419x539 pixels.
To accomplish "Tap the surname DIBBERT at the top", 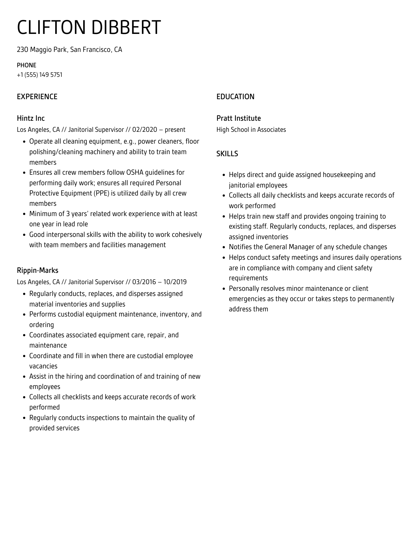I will click(126, 27).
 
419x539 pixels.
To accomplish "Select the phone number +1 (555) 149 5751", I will click(40, 75).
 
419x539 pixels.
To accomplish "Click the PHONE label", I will click(26, 65).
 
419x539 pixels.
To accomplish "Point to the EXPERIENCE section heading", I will click(37, 97).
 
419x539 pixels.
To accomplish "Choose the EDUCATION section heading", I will click(235, 97).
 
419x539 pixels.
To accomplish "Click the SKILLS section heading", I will click(227, 154).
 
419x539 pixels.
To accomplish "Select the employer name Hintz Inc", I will click(31, 118).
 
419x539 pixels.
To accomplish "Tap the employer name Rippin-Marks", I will click(37, 270).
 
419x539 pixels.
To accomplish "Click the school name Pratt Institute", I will click(238, 118).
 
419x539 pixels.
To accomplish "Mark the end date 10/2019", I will click(175, 282).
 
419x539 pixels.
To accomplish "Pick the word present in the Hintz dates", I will click(175, 129).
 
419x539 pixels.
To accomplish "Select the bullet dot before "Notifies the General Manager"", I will click(224, 247).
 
